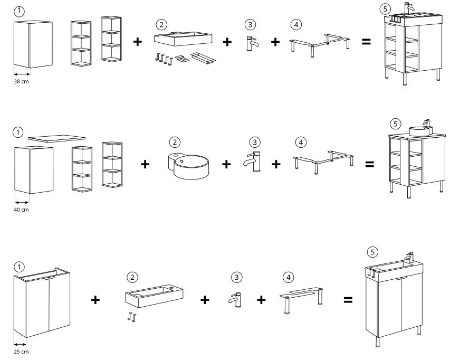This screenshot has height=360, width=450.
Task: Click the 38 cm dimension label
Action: pyautogui.click(x=22, y=82)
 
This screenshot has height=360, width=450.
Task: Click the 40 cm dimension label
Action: pyautogui.click(x=22, y=210)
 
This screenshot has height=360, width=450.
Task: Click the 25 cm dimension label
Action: pyautogui.click(x=21, y=351)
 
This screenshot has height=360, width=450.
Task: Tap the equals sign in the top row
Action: pyautogui.click(x=366, y=42)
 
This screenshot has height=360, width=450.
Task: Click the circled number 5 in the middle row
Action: pyautogui.click(x=395, y=123)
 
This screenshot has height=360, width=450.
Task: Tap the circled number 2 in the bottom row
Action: pyautogui.click(x=132, y=277)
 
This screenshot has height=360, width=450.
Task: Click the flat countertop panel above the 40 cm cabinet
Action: pyautogui.click(x=56, y=138)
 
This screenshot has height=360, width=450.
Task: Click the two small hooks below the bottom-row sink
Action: pyautogui.click(x=132, y=317)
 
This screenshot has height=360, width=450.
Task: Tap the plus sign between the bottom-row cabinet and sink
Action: pyautogui.click(x=95, y=300)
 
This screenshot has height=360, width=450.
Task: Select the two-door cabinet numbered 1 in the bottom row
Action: pyautogui.click(x=42, y=304)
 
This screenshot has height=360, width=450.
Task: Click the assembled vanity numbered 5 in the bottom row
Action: pyautogui.click(x=394, y=298)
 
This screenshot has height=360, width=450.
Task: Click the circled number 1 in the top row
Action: pyautogui.click(x=19, y=12)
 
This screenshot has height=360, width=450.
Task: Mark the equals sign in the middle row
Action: pyautogui.click(x=370, y=164)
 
